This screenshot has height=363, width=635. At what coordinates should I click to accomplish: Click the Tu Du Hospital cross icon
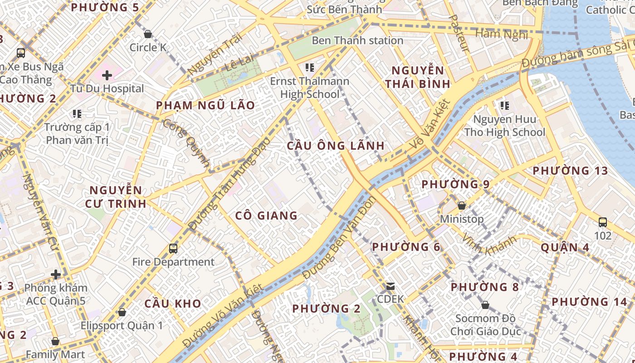[x=107, y=75]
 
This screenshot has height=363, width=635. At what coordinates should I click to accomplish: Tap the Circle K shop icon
[x=147, y=34]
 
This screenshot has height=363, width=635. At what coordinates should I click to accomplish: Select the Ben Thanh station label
[x=357, y=40]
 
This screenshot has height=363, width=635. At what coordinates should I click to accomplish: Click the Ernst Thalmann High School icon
[x=310, y=68]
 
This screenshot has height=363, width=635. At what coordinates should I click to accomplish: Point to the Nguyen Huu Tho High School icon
[x=504, y=106]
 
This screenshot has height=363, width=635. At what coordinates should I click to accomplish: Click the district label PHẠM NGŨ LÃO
[x=205, y=106]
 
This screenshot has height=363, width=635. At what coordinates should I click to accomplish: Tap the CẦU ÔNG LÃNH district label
[x=336, y=146]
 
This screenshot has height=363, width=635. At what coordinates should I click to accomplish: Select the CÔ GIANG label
[x=266, y=216]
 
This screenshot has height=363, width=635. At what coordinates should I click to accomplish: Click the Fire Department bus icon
[x=173, y=248]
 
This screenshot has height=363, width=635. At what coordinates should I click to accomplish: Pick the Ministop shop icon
[x=462, y=206]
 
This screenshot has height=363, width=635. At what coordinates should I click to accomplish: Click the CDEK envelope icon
[x=390, y=286]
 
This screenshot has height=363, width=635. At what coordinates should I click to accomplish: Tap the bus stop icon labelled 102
[x=603, y=222]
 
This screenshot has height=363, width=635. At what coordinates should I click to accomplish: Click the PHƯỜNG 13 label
[x=570, y=171]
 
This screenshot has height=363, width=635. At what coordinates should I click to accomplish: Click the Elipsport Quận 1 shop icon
[x=122, y=312]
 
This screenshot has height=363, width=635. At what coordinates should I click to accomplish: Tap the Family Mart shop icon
[x=55, y=341]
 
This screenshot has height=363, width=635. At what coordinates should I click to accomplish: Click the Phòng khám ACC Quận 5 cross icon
[x=56, y=275]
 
